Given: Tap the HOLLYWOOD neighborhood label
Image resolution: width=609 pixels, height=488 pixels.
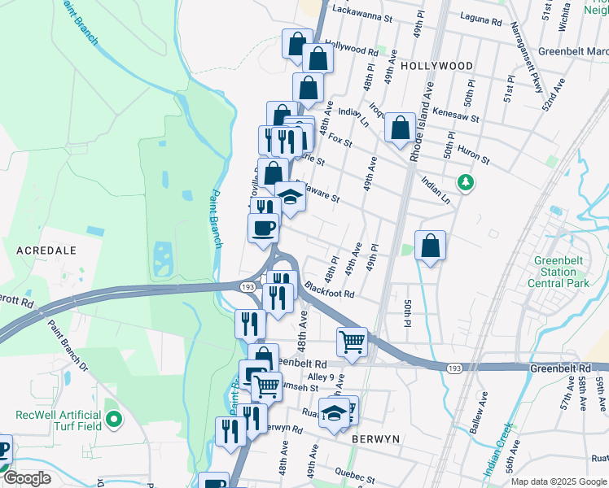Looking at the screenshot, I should pyautogui.click(x=436, y=65).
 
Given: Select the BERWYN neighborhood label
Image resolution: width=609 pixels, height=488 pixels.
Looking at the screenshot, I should pyautogui.click(x=375, y=438).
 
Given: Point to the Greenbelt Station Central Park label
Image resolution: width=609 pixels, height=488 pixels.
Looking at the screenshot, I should pyautogui.click(x=558, y=272).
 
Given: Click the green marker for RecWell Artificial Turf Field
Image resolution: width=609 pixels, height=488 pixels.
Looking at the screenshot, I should pyautogui.click(x=114, y=420).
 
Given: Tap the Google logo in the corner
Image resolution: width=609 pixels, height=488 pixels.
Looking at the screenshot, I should pyautogui.click(x=26, y=478).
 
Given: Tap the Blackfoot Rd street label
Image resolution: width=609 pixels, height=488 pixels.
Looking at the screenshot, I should pyautogui.click(x=330, y=289).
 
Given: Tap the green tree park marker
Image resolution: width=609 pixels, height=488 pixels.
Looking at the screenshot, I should pyautogui.click(x=466, y=181).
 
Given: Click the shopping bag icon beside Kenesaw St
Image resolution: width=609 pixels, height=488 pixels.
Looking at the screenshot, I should pyautogui.click(x=400, y=129).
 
